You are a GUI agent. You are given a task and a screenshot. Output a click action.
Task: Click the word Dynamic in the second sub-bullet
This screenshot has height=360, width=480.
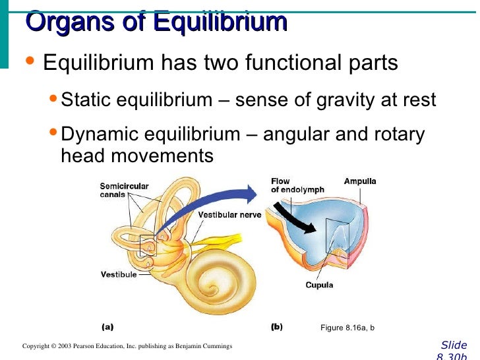click(x=100, y=135)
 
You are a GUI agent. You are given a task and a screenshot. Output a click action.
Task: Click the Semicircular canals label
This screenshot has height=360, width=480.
click(x=124, y=190)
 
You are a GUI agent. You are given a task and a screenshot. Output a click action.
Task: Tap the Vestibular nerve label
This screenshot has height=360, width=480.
click(x=229, y=215)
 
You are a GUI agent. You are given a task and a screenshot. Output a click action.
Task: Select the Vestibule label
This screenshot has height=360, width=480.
click(x=119, y=274)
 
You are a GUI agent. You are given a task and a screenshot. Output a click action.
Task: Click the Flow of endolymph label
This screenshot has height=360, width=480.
click(x=297, y=185)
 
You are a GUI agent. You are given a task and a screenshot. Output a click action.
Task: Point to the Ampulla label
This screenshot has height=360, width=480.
click(x=360, y=181)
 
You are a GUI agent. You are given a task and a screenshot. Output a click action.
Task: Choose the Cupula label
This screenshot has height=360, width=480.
click(x=319, y=285)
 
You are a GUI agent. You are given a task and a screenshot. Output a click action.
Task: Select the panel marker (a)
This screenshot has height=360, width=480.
click(x=107, y=326)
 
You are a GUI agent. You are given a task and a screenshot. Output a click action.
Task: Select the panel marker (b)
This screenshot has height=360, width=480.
click(x=277, y=326)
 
